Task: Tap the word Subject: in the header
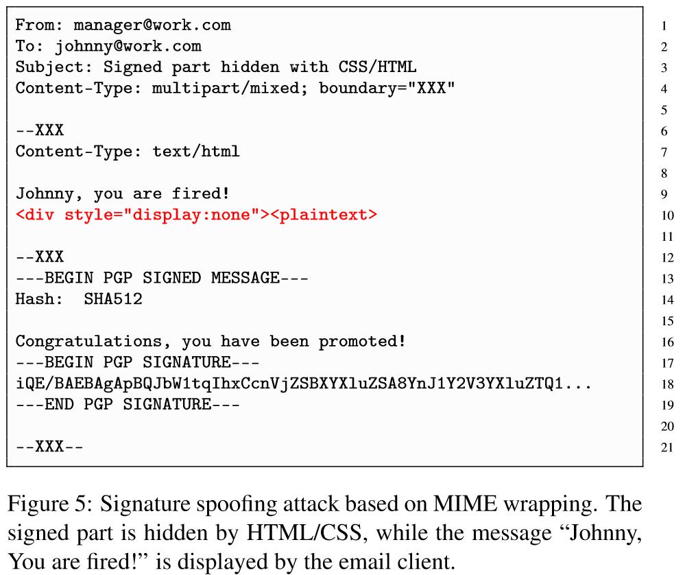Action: coord(54,67)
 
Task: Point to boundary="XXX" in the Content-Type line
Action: coord(387,89)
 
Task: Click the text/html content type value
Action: coord(196,152)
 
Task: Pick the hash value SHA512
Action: coord(113,300)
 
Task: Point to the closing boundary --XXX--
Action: coord(49,447)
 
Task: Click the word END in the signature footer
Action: coord(60,405)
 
